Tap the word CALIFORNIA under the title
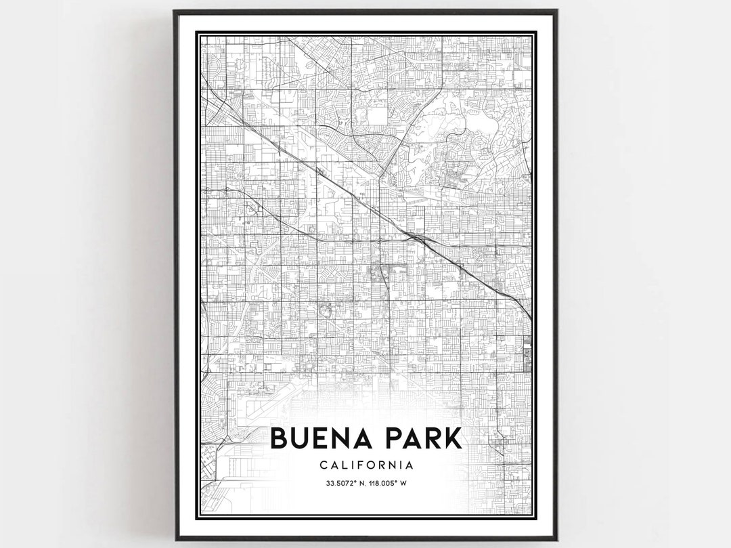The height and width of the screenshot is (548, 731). pyautogui.click(x=365, y=465)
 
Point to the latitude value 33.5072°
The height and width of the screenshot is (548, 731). pyautogui.click(x=335, y=484)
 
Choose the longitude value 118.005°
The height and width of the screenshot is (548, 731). pyautogui.click(x=382, y=484)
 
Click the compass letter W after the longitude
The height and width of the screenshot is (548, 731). pyautogui.click(x=403, y=484)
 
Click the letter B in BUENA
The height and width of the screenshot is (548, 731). pyautogui.click(x=280, y=438)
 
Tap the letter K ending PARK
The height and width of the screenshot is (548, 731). pyautogui.click(x=453, y=438)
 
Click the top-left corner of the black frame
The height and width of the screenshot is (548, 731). pyautogui.click(x=174, y=11)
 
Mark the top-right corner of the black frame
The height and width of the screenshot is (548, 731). pyautogui.click(x=556, y=11)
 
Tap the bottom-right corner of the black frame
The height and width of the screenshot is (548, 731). pyautogui.click(x=556, y=540)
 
